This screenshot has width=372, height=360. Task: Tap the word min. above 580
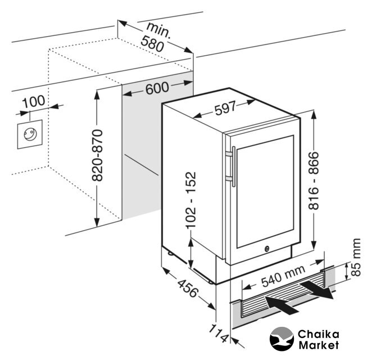tap(159, 28)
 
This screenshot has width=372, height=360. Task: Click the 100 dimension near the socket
tap(34, 102)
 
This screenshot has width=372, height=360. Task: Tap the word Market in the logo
tap(319, 345)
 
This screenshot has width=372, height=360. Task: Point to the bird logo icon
tap(282, 338)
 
